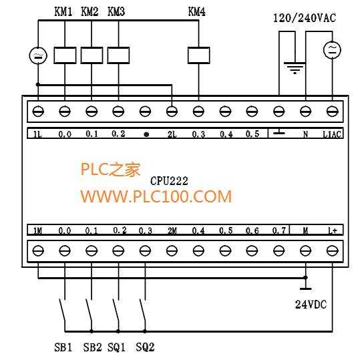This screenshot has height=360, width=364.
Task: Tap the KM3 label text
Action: coord(116,11)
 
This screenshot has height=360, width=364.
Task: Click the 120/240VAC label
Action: coord(305,18)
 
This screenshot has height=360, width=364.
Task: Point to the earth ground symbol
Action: coord(295,67)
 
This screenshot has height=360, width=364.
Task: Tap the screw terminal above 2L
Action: coord(172,112)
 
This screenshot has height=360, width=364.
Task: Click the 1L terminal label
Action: coord(37,134)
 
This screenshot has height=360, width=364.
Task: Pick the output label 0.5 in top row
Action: coord(252,134)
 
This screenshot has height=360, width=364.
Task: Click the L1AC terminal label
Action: coord(332,134)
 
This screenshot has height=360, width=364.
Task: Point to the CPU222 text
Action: coord(169,181)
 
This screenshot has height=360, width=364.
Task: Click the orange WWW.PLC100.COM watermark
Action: coord(156,196)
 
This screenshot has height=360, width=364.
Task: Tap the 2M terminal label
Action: coord(172,230)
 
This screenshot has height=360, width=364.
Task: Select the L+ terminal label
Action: coord(333,230)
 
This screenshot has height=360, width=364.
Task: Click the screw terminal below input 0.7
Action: coord(279,251)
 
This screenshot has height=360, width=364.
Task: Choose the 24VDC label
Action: coord(311,305)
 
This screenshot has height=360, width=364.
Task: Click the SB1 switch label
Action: coord(63,347)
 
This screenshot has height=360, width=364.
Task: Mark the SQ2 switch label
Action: coord(145,347)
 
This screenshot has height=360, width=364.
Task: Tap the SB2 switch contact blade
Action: coord(89,313)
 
